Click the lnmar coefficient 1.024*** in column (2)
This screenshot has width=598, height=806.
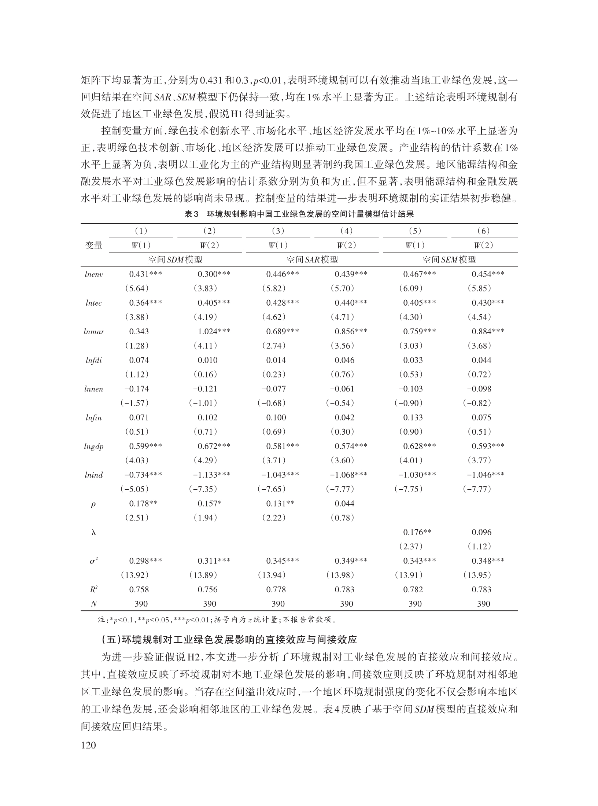coord(214,331)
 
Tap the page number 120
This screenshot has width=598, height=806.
coord(88,745)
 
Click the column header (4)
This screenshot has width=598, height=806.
coord(346,231)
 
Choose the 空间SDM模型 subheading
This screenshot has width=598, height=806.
coord(175,260)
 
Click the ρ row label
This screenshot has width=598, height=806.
coord(93,504)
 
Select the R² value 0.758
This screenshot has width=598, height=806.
coord(139,589)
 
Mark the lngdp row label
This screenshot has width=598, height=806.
coord(94,446)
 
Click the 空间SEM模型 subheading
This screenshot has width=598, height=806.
coord(449,260)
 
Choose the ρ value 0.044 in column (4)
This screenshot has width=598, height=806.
coord(344,503)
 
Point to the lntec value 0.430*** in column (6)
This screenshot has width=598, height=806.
coord(488,303)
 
